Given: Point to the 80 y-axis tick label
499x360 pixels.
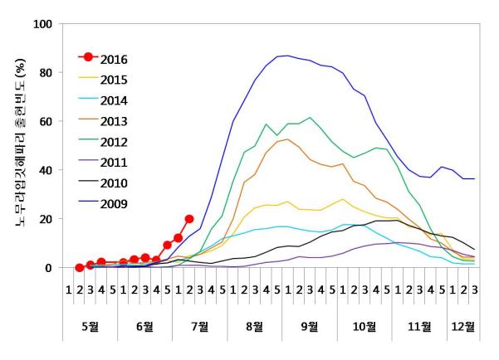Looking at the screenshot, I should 46,73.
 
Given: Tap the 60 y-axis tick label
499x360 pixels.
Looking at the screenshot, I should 46,122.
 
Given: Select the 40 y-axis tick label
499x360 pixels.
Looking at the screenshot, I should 46,171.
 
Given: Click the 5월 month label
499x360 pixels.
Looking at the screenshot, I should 90,326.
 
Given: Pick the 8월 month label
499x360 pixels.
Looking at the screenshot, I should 254,326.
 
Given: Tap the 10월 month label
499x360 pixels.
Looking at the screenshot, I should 364,326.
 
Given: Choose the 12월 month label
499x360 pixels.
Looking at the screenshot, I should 462,326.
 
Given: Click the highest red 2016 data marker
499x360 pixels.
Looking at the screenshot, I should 189,219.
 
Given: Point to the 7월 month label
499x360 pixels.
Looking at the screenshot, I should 199,326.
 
